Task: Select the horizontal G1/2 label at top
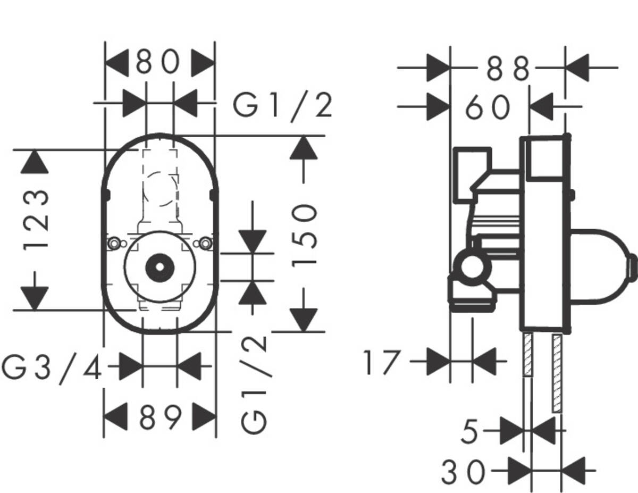click(283, 106)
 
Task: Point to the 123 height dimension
click(36, 219)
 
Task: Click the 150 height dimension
click(304, 235)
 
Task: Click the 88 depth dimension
click(508, 69)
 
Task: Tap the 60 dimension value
click(488, 108)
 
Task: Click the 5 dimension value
click(469, 431)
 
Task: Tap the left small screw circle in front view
click(113, 244)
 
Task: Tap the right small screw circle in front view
click(205, 244)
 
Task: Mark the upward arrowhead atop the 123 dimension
click(35, 161)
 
